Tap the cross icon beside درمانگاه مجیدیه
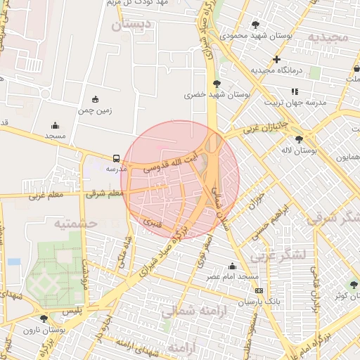pyautogui.click(x=277, y=60)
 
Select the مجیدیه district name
pyautogui.click(x=326, y=36)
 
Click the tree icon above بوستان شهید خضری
pyautogui.click(x=216, y=84)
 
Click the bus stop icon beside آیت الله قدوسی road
pyautogui.click(x=116, y=158)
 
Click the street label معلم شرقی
pyautogui.click(x=103, y=193)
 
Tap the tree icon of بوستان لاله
pyautogui.click(x=300, y=139)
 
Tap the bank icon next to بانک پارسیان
pyautogui.click(x=259, y=290)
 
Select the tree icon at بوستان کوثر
pyautogui.click(x=354, y=285)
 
